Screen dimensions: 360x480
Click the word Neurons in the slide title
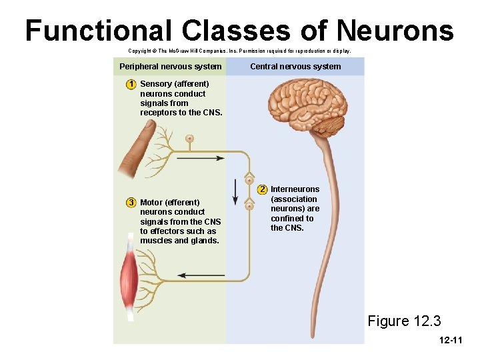pos(395,30)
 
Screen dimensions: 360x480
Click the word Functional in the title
pos(98,30)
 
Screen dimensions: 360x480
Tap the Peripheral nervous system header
pos(170,67)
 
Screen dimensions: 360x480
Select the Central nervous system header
pos(295,67)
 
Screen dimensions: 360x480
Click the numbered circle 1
pos(132,84)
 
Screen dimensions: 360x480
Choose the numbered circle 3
pos(132,202)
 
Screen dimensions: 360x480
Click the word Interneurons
pos(295,189)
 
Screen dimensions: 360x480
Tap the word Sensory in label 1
pos(156,84)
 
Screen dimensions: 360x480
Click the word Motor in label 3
pos(151,202)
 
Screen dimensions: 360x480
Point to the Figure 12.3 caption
pos(404,321)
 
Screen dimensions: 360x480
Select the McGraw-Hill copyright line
pos(239,51)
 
